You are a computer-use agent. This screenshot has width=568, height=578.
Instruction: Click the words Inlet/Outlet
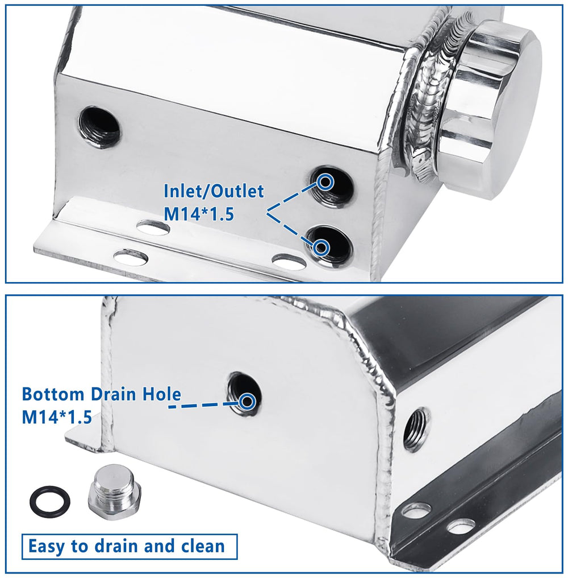[214, 191]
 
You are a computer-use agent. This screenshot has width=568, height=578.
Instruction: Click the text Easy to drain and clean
[126, 546]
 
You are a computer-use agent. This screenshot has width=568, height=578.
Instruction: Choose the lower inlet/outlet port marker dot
[321, 247]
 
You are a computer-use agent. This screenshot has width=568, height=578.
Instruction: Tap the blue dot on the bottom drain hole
[247, 401]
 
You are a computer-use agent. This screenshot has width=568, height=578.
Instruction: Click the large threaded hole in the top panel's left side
[99, 127]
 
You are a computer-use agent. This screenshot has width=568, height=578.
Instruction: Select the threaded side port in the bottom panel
[416, 429]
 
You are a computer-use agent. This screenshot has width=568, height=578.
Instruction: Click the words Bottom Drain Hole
[102, 394]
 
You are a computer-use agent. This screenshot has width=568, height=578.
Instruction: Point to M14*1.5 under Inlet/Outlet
[199, 214]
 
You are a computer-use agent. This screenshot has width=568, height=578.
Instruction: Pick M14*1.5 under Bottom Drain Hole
[57, 417]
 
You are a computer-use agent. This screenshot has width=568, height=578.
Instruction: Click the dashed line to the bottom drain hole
[203, 405]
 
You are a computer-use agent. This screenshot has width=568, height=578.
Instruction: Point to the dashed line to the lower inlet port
[291, 229]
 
